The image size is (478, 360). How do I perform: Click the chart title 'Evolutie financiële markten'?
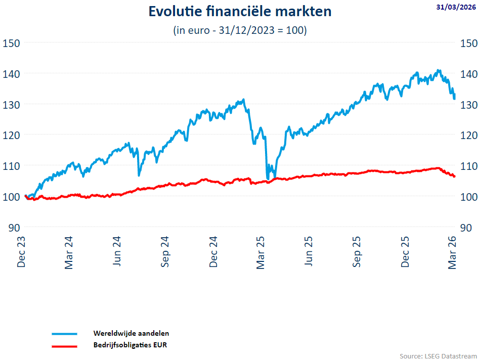tap(240, 12)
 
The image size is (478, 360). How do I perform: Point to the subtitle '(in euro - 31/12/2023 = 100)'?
tap(240, 30)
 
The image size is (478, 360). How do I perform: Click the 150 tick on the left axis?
tap(11, 43)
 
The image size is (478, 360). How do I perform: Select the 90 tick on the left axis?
tap(14, 227)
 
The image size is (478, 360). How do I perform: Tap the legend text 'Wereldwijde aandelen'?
tap(131, 333)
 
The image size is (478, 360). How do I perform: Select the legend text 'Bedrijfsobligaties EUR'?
tap(130, 345)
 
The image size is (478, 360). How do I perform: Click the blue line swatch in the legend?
tap(64, 334)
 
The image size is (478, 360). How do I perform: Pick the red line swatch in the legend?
tap(64, 346)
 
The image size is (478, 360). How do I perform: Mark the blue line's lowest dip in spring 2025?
tap(268, 178)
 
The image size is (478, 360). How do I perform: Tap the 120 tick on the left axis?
tap(11, 135)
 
